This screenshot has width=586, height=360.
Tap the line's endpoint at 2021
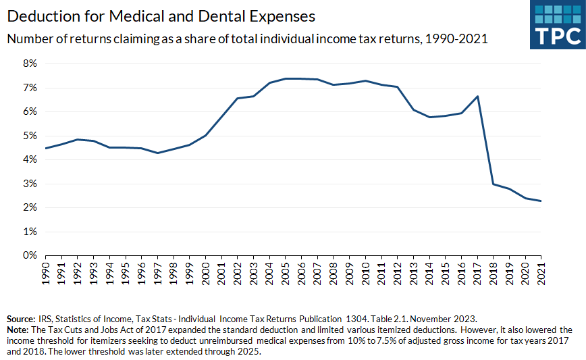pyautogui.click(x=541, y=201)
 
